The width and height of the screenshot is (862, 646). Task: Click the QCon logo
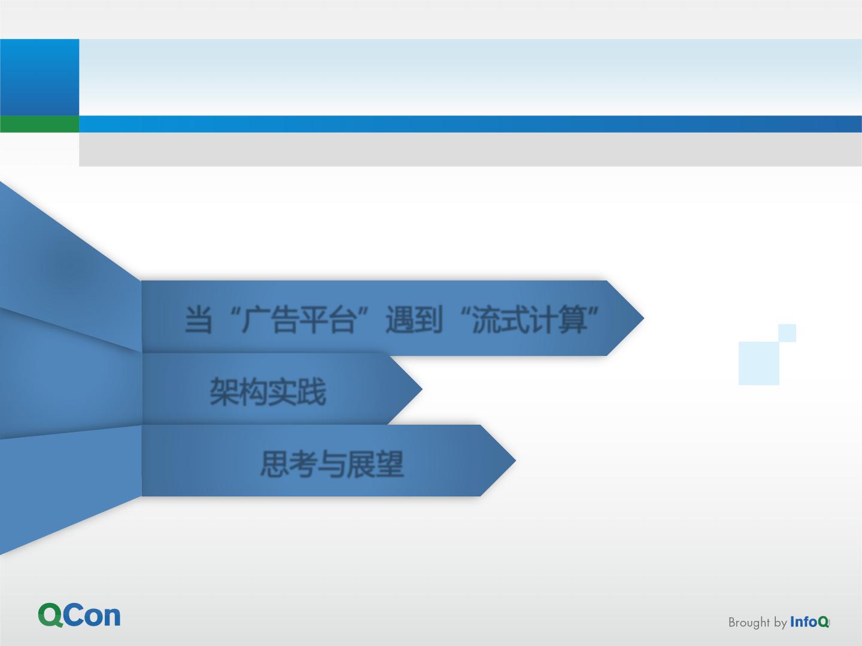coord(79,615)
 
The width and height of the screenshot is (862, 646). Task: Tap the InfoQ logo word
coord(809,621)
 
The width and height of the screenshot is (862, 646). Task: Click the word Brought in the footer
coord(749,623)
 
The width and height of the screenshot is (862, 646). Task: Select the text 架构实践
coord(268,391)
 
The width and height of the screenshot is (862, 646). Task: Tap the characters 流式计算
coord(530,319)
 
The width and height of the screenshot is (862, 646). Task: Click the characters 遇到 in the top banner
coord(414,319)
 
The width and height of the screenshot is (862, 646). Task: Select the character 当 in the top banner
coord(198,319)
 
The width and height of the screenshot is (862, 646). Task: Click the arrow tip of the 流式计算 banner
coord(644,318)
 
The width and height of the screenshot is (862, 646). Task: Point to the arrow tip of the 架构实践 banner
coord(422,389)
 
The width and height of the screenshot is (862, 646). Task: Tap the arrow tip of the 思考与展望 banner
coord(515,461)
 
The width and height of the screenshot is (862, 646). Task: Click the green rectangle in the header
coord(40,124)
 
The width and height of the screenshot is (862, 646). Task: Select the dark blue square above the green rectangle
coord(40,77)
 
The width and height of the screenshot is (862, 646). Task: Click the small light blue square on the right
coord(787,333)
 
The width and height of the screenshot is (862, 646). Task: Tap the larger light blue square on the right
coord(758,363)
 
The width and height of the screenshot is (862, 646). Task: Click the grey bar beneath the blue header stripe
coord(471,150)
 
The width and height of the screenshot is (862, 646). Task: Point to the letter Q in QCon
coord(50,615)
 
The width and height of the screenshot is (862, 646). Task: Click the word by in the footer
coord(781,623)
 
